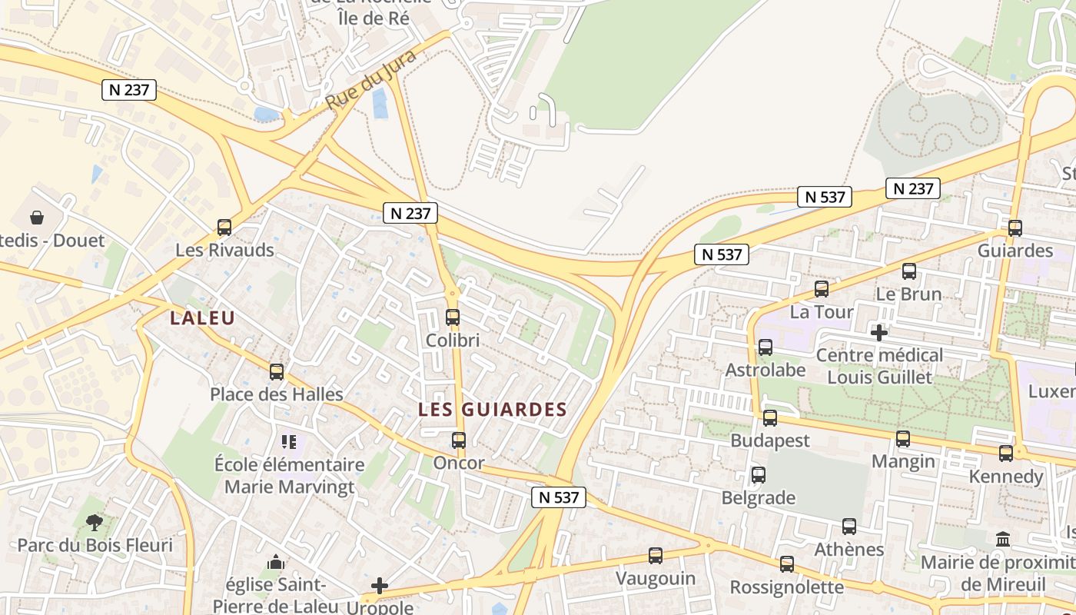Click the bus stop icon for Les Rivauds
pos(224,228)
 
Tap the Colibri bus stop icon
pos(453,317)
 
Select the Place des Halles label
pos(277,394)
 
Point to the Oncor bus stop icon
pos(459,440)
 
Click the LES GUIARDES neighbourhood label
pos(492,410)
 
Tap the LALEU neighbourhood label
pos(202,317)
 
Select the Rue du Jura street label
pos(370,79)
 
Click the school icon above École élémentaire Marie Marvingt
pos(289,441)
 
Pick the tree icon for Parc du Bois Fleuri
pos(95,523)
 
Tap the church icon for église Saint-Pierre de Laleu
pos(276,563)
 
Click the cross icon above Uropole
pos(380,586)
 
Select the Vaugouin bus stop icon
pos(656,555)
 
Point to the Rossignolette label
pos(786,587)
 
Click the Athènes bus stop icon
pos(849,527)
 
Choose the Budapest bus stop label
pos(770,440)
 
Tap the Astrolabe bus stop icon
pos(765,347)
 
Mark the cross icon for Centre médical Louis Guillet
pos(879,333)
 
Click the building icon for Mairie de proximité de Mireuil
pos(1003,539)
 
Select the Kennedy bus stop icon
pos(1006,454)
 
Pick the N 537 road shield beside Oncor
pos(559,497)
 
